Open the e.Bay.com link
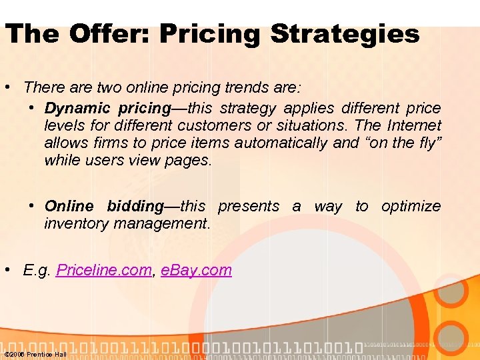(x=196, y=270)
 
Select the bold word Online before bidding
(x=69, y=206)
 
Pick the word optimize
(x=411, y=206)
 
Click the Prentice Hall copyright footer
(x=35, y=354)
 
